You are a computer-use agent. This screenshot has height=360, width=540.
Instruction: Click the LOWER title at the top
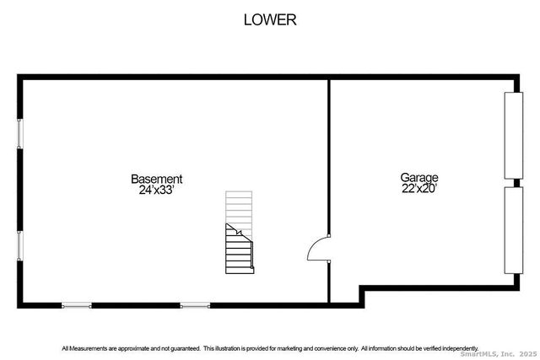270,20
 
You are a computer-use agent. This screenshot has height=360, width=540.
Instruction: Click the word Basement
157,179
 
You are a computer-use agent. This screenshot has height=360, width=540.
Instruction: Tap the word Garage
419,178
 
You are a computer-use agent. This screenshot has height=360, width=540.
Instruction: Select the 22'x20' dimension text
419,188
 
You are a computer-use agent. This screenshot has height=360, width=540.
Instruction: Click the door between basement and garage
319,248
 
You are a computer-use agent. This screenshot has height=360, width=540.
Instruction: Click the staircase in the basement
240,233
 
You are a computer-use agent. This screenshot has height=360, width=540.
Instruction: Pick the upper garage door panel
514,136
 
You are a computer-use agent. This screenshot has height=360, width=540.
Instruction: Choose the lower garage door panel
514,230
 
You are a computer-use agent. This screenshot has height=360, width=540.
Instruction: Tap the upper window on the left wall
20,134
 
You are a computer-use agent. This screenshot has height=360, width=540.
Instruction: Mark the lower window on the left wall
20,245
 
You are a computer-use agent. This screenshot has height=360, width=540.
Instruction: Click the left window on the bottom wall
77,305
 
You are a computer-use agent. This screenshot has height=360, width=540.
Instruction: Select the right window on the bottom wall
195,305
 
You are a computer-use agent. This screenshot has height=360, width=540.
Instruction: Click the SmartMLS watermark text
499,354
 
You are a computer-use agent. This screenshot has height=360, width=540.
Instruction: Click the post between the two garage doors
516,183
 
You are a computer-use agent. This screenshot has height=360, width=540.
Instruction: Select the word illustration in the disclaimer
228,349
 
